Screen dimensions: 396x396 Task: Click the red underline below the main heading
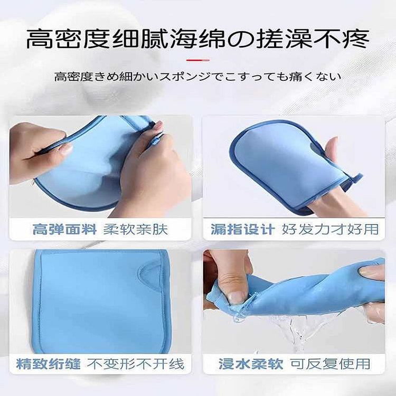[198, 60]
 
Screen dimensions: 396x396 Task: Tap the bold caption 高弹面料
[64, 229]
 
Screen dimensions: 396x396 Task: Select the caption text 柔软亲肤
[136, 229]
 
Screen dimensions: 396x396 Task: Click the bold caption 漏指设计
[243, 229]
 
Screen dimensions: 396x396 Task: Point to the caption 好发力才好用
[330, 229]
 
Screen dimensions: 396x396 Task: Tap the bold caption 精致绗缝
[49, 364]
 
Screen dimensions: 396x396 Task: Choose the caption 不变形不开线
[136, 364]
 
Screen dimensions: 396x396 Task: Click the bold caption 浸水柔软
[251, 364]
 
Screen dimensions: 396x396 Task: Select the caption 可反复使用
[330, 364]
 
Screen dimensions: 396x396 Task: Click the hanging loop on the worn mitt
[355, 178]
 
